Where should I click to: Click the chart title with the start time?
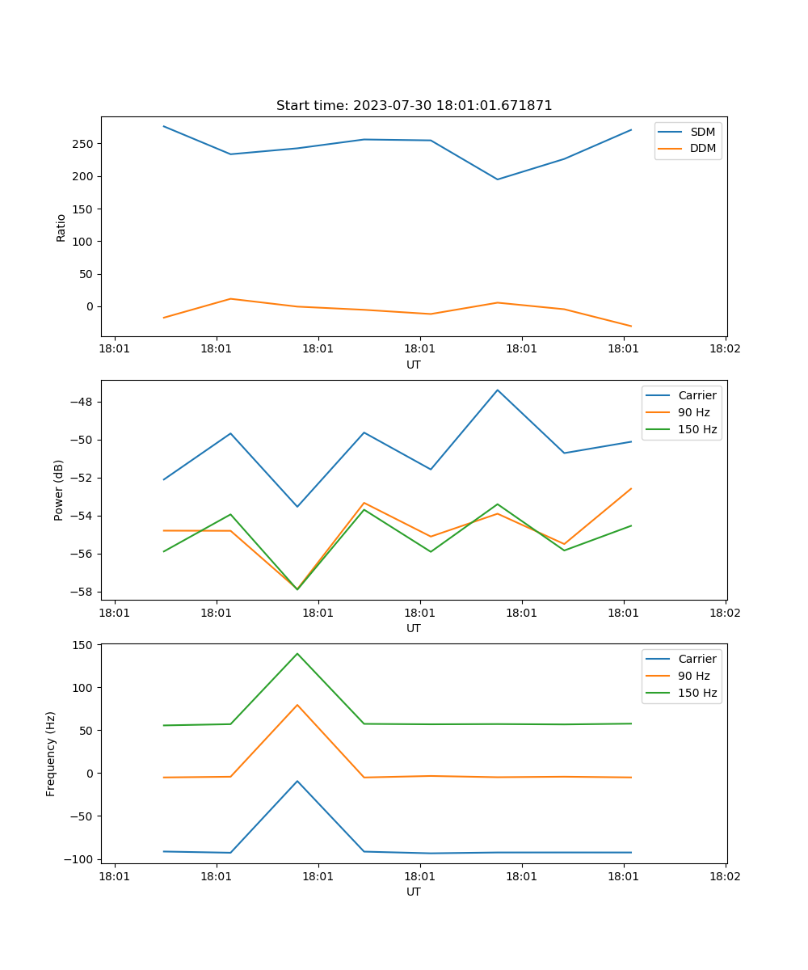pos(414,106)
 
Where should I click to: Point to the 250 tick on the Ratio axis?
pos(85,144)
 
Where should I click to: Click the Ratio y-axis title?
pos(61,227)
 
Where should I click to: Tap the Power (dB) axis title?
pos(59,490)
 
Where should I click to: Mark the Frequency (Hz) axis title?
pos(51,753)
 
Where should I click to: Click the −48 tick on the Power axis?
pos(82,403)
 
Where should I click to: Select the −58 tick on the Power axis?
pos(82,592)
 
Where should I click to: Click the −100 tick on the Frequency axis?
pos(79,858)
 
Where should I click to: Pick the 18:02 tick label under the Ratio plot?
pos(725,349)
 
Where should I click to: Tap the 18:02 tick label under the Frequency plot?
pos(725,876)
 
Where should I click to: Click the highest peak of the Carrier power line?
pos(498,390)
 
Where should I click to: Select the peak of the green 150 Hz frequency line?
pos(297,653)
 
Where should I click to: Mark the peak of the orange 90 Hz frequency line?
pos(297,705)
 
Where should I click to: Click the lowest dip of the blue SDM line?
pos(498,179)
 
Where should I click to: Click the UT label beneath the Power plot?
pos(414,628)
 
